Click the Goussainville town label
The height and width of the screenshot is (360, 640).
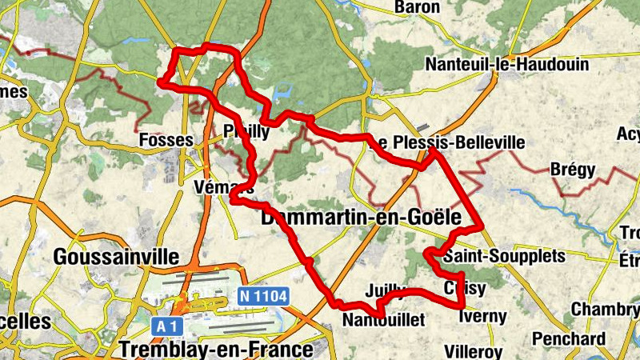(x=116, y=257)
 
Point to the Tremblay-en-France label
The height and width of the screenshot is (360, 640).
(x=215, y=350)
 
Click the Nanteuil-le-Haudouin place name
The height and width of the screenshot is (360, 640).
(x=507, y=64)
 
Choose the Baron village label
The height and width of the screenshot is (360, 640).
(x=418, y=7)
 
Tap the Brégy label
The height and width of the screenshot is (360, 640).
(x=573, y=170)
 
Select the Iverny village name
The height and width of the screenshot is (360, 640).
(x=483, y=316)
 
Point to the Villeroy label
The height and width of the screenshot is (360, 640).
(x=473, y=351)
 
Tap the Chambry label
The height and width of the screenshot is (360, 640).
(x=605, y=310)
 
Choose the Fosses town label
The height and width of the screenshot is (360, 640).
(x=166, y=141)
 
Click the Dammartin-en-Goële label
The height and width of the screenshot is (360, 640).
(x=362, y=217)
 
